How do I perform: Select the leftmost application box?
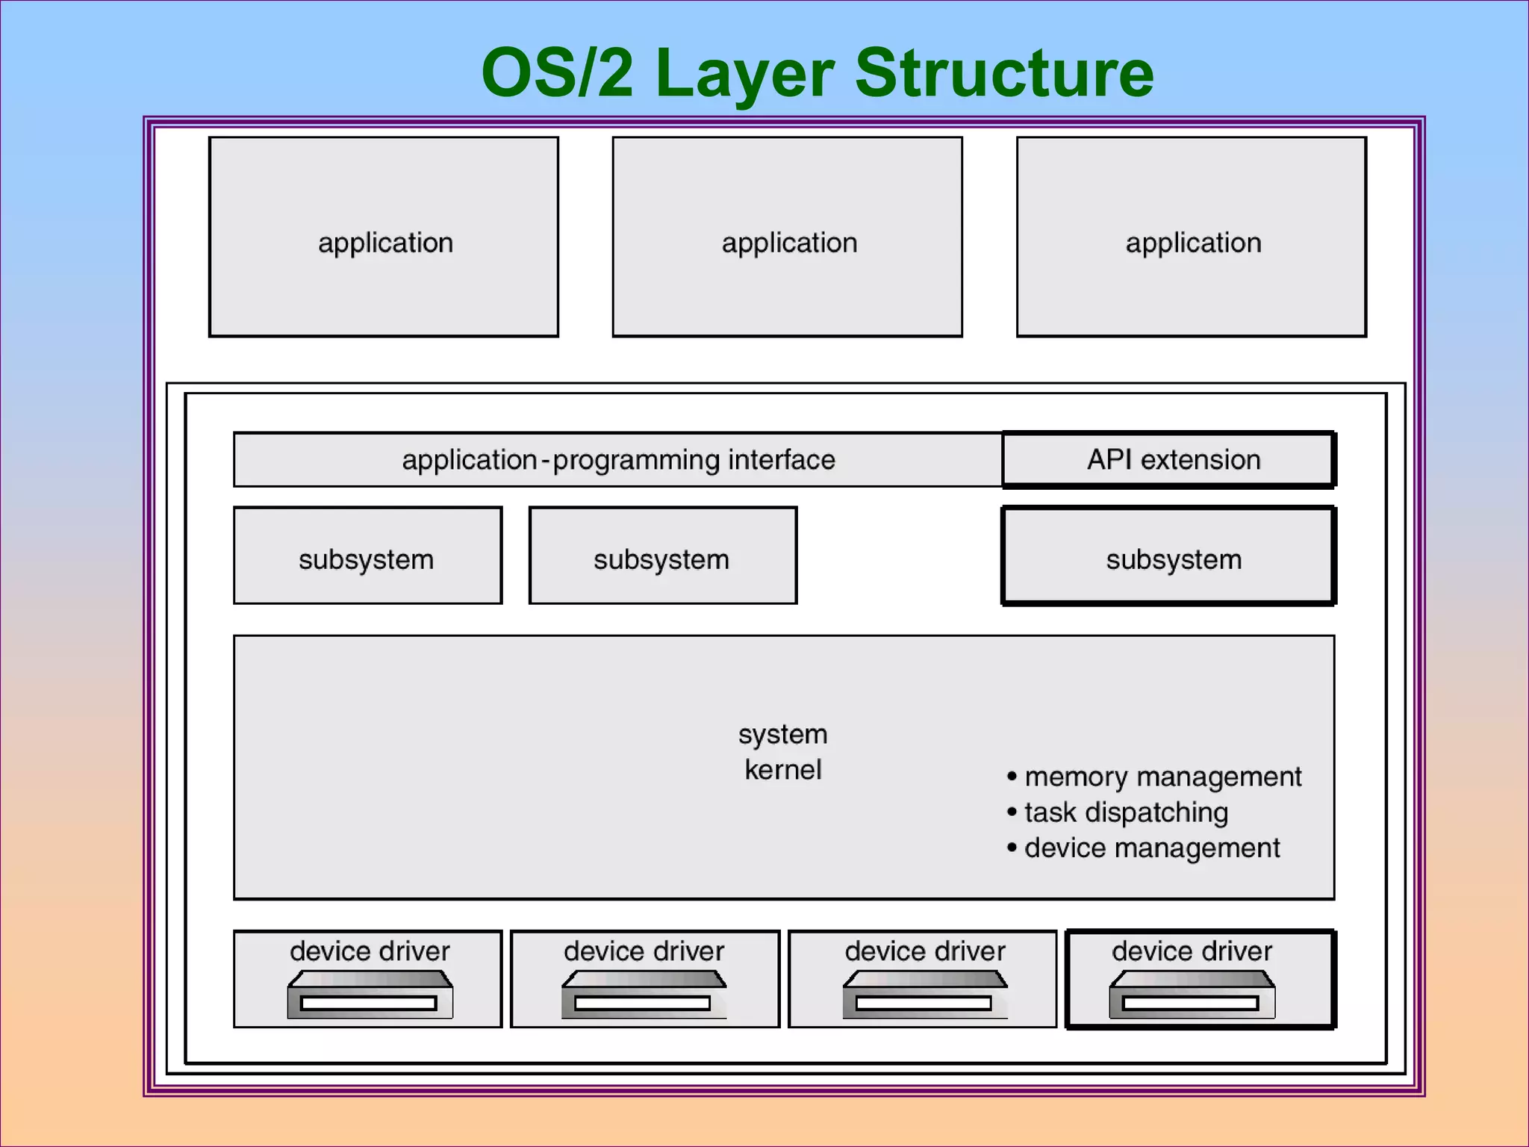(x=384, y=237)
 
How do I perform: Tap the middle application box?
(x=788, y=237)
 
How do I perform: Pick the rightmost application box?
(x=1192, y=237)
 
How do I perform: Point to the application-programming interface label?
(x=618, y=460)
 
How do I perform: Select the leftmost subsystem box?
(x=367, y=556)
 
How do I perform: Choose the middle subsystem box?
(x=663, y=556)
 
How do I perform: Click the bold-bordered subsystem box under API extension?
(x=1169, y=556)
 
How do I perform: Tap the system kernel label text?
(x=783, y=751)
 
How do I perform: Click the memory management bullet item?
(x=1162, y=777)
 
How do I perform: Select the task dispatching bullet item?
(x=1126, y=812)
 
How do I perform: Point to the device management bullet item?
(x=1152, y=848)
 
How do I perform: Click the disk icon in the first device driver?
(x=370, y=995)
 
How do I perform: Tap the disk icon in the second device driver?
(x=644, y=995)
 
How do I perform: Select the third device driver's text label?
(x=925, y=951)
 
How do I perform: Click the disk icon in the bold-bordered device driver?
(x=1192, y=995)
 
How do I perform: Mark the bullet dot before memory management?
(x=1012, y=777)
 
